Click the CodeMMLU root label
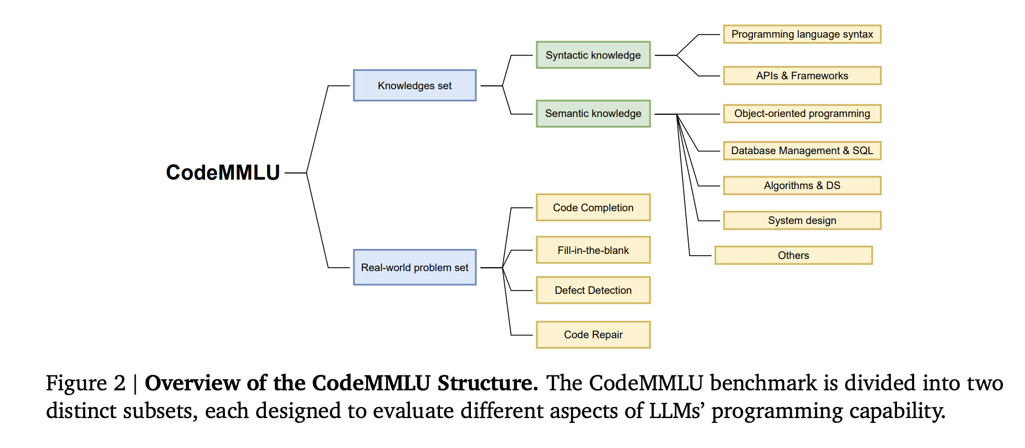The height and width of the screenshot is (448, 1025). [x=223, y=172]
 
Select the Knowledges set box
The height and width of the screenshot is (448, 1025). [x=414, y=85]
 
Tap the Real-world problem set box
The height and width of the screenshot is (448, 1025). [x=414, y=267]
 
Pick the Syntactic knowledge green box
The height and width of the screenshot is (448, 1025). [x=593, y=55]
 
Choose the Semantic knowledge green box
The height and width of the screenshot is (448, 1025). [x=593, y=113]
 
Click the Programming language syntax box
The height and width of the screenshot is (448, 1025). [x=802, y=34]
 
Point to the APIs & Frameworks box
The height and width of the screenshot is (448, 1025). [x=802, y=75]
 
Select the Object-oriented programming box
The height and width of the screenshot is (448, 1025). [x=802, y=113]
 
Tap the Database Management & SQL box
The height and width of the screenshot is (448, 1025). [x=802, y=150]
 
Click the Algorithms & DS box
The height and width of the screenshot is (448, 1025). [x=802, y=185]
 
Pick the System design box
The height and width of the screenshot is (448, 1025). [x=802, y=220]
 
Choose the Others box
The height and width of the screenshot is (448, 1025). [x=793, y=255]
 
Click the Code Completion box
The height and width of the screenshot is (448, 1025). [x=593, y=207]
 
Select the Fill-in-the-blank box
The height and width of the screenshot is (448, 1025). [x=593, y=250]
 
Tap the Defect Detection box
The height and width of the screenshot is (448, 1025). [x=593, y=290]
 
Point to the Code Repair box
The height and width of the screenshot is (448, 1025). [x=593, y=334]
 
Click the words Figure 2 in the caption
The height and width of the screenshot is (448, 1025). [x=85, y=383]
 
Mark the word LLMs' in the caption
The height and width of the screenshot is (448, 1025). [x=676, y=411]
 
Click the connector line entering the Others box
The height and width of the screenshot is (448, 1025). [x=701, y=256]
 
